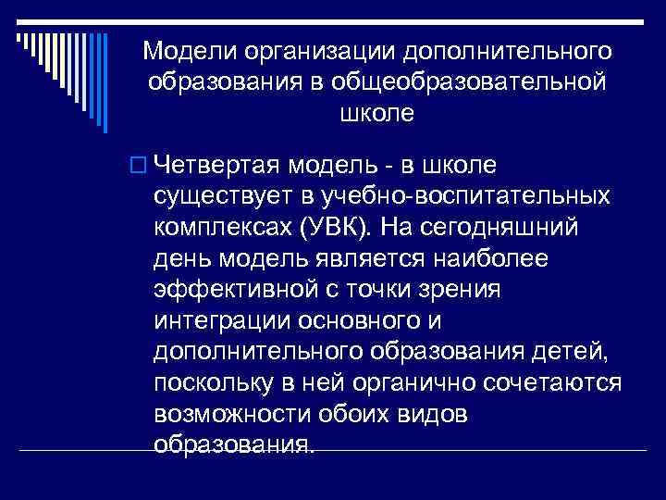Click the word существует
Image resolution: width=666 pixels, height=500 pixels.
click(228, 196)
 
